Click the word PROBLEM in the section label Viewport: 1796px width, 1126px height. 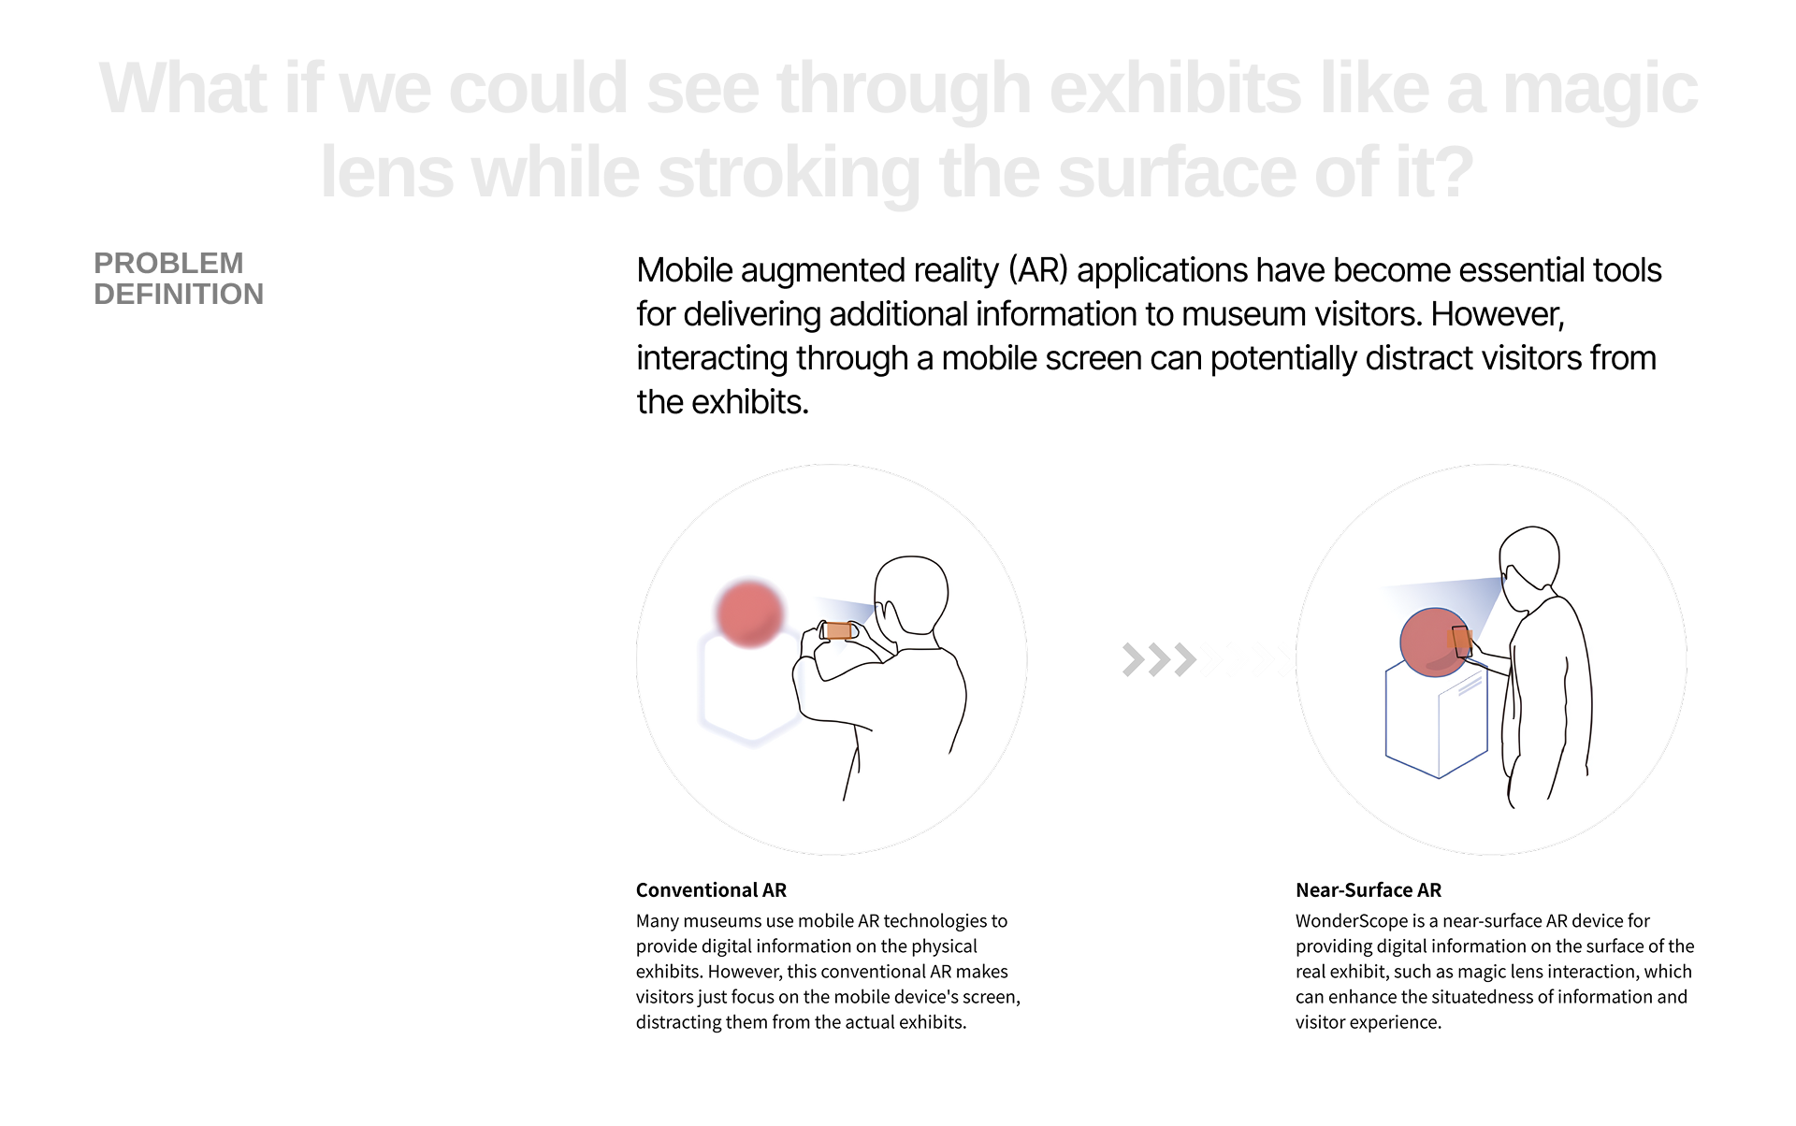[168, 263]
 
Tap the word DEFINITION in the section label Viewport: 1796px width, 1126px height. [179, 294]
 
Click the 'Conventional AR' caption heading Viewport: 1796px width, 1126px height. [711, 889]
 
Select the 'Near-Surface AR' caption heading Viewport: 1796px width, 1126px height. [1369, 889]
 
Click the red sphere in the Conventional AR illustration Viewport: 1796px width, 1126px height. [749, 613]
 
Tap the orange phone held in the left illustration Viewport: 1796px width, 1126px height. [839, 630]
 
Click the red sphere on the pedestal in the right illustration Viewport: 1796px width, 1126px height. [1434, 642]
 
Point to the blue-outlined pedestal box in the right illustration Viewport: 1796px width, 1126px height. [1436, 720]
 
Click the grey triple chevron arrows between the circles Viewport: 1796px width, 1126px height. [1160, 659]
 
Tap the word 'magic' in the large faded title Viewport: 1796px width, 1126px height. [1600, 89]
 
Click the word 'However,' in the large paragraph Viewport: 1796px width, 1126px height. [1498, 314]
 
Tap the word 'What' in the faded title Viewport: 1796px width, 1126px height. [182, 89]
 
